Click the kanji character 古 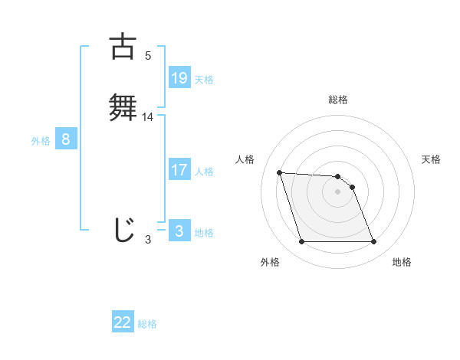pyautogui.click(x=123, y=47)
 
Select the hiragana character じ pyautogui.click(x=123, y=230)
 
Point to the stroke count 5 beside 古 pyautogui.click(x=148, y=56)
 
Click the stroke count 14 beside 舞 pyautogui.click(x=148, y=117)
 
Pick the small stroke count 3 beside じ pyautogui.click(x=148, y=240)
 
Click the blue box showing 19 pyautogui.click(x=179, y=78)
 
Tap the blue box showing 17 pyautogui.click(x=179, y=170)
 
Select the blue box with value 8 pyautogui.click(x=66, y=139)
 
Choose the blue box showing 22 pyautogui.click(x=123, y=322)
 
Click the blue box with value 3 pyautogui.click(x=179, y=231)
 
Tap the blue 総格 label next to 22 pyautogui.click(x=147, y=324)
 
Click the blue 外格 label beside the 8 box pyautogui.click(x=41, y=141)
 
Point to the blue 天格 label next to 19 pyautogui.click(x=204, y=80)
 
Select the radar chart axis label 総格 pyautogui.click(x=338, y=100)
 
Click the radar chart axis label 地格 pyautogui.click(x=402, y=262)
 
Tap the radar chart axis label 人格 pyautogui.click(x=245, y=159)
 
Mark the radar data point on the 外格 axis pyautogui.click(x=301, y=242)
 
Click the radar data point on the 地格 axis pyautogui.click(x=374, y=242)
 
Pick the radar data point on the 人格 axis pyautogui.click(x=279, y=173)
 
